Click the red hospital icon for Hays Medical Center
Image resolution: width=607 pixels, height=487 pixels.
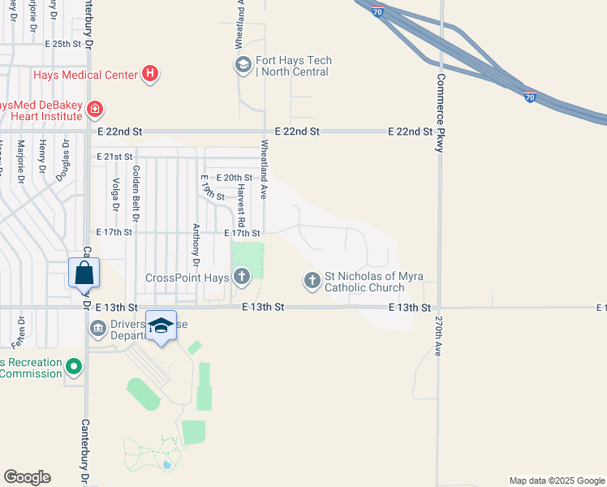[x=149, y=75]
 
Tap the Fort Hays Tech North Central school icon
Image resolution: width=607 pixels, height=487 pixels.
[x=242, y=66]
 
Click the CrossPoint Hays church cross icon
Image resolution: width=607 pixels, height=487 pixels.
[x=241, y=278]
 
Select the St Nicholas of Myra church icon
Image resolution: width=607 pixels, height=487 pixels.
[x=312, y=282]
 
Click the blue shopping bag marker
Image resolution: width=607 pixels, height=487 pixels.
[x=84, y=273]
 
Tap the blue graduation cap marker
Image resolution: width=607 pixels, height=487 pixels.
[x=161, y=325]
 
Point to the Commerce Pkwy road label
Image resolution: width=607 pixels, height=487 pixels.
[x=441, y=114]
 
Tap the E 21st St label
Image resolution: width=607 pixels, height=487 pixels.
[x=114, y=157]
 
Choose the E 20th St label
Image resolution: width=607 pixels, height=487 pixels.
[x=235, y=178]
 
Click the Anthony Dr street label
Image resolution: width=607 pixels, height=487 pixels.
[x=196, y=245]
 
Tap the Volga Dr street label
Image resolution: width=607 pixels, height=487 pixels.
[x=116, y=195]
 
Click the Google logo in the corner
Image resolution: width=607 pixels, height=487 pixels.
[x=27, y=477]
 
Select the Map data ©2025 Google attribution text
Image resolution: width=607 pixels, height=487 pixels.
[x=556, y=481]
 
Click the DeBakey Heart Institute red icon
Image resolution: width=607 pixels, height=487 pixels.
[x=94, y=108]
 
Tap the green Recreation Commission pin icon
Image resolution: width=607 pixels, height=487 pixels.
[x=75, y=368]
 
